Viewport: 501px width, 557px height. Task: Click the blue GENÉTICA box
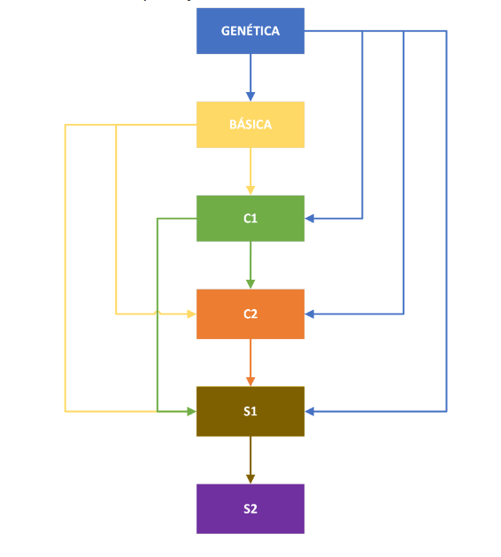pos(250,31)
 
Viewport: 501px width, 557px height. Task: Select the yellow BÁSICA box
pos(250,125)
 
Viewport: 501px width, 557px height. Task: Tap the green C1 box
pos(250,218)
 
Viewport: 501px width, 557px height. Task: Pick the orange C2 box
pos(250,313)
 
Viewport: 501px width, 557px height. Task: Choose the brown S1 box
pos(250,411)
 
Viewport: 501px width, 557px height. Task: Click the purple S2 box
pos(250,508)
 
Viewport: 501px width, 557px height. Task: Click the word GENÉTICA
pos(250,31)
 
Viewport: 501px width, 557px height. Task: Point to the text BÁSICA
pos(250,125)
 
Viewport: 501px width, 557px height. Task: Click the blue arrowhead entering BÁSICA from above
pos(250,97)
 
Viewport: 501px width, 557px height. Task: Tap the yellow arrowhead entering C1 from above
pos(250,190)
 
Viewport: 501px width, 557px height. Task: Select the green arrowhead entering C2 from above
pos(250,284)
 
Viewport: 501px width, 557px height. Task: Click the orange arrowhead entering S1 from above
pos(250,382)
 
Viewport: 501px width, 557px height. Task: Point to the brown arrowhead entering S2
pos(250,479)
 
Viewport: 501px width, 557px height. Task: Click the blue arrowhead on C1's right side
pos(310,218)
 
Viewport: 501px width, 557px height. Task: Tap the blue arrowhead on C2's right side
pos(310,313)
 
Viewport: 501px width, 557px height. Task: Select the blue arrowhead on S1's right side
pos(310,411)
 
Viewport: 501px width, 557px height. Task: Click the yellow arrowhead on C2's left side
pos(191,313)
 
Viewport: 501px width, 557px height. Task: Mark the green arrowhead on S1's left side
pos(191,411)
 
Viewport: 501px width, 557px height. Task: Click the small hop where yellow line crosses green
pos(158,313)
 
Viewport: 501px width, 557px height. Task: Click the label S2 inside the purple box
pos(250,508)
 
